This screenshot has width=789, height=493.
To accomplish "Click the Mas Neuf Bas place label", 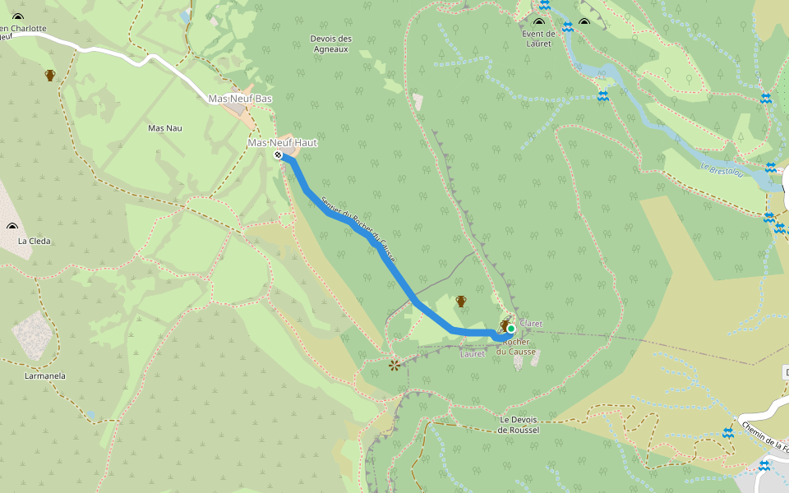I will [x=240, y=99].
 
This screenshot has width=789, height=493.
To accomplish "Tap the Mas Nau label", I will [x=164, y=128].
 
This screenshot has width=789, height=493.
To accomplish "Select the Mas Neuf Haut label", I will [x=282, y=143].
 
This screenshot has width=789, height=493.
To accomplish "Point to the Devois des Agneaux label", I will [x=331, y=44].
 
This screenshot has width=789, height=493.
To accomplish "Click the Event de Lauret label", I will [x=539, y=39].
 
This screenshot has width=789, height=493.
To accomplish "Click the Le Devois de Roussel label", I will [x=519, y=424].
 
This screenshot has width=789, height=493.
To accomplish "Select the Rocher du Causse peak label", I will [x=517, y=347].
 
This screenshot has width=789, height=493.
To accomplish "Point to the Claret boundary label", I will [x=531, y=324].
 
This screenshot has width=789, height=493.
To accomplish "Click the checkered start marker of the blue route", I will [x=279, y=154].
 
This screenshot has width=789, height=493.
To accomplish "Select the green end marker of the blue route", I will [x=510, y=329].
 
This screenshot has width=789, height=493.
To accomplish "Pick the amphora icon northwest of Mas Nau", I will [x=50, y=76].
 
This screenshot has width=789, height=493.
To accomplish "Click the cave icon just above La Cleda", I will [x=12, y=227].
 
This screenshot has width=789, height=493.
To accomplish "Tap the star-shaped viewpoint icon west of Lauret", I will [x=395, y=364].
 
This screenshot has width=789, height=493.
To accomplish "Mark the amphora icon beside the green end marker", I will [x=504, y=325].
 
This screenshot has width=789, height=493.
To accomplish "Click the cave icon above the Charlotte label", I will [x=18, y=16].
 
